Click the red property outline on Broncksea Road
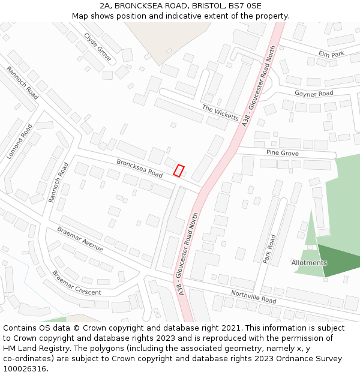[178, 170]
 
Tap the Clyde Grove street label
[97, 46]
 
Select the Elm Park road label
[331, 54]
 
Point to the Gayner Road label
[314, 94]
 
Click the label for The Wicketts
[220, 112]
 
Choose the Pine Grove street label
[282, 154]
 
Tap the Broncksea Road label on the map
[139, 168]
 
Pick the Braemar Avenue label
[80, 239]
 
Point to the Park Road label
[269, 249]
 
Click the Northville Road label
[253, 296]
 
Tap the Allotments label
[309, 263]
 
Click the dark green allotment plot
[340, 260]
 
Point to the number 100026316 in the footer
[25, 368]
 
